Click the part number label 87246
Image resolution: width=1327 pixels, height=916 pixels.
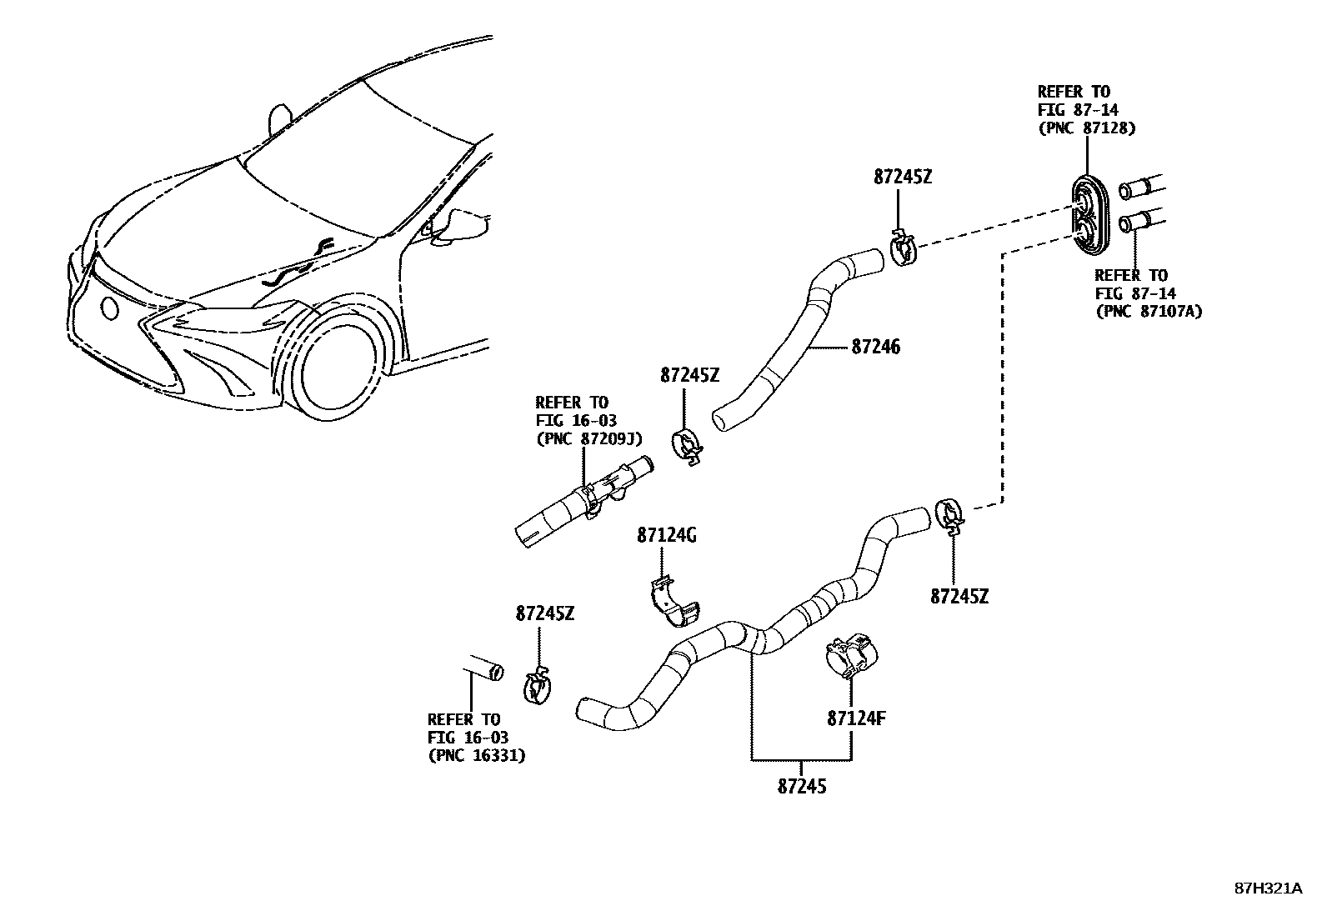pos(876,347)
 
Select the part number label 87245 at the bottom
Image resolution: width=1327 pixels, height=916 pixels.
pos(802,785)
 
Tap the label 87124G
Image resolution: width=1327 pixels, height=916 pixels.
pos(666,535)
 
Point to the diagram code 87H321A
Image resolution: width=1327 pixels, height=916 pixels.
pos(1268,888)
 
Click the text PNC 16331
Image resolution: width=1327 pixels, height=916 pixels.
pos(477,755)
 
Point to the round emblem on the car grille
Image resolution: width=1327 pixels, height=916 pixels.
pos(109,308)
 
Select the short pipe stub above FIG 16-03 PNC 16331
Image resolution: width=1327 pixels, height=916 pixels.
pos(482,668)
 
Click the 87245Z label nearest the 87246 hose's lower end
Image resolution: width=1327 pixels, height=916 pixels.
pos(689,375)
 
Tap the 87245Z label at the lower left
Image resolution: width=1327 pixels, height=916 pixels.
pos(544,613)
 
